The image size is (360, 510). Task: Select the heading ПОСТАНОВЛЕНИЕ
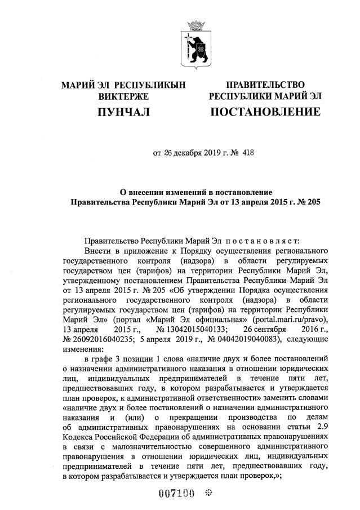[265, 112]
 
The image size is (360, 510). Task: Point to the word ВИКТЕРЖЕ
[123, 96]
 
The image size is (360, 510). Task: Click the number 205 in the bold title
[312, 201]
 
